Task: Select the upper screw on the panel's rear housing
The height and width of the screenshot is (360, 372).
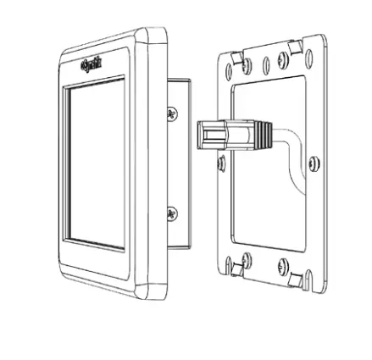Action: (x=174, y=112)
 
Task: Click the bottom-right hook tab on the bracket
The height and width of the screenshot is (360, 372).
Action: (x=297, y=278)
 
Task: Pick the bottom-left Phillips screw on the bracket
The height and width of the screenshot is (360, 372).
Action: (x=246, y=258)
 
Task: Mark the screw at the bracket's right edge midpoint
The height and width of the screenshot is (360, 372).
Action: (x=313, y=163)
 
